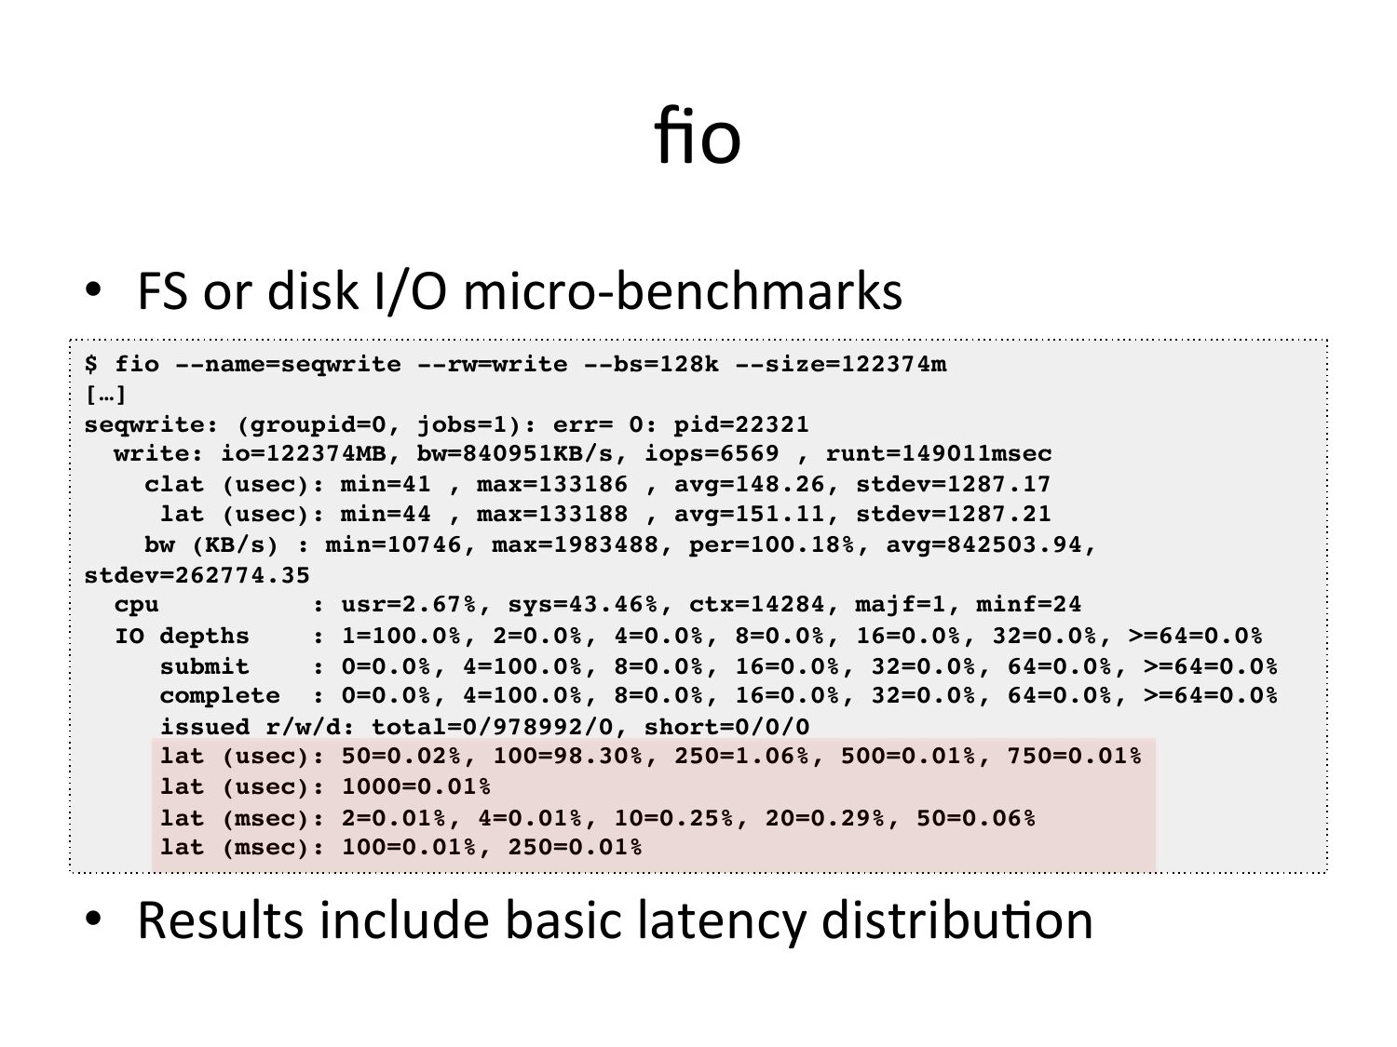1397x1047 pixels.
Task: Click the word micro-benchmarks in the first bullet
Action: tap(683, 290)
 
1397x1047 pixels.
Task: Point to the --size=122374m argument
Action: tap(841, 364)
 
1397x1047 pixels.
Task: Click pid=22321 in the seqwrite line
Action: tap(741, 425)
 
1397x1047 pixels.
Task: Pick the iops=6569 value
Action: tap(712, 454)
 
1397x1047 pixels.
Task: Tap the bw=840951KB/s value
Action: tap(522, 454)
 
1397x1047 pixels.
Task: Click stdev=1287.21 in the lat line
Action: tap(954, 515)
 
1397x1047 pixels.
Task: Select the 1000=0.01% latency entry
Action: tap(415, 787)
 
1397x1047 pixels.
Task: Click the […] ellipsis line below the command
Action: tap(105, 395)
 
